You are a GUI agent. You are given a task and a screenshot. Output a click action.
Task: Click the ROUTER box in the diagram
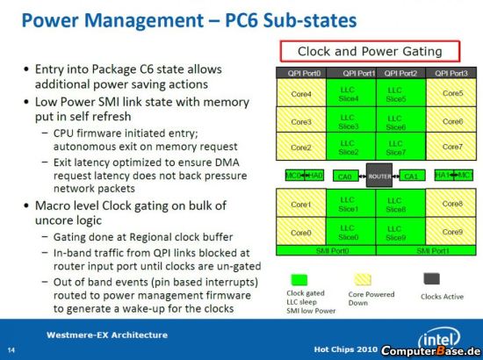[379, 176]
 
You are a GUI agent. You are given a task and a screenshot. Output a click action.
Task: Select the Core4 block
[301, 93]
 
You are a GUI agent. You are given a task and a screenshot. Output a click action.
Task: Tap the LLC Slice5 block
[401, 93]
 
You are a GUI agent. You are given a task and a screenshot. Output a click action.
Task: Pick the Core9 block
[451, 231]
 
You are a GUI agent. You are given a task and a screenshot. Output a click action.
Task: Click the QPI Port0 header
[301, 73]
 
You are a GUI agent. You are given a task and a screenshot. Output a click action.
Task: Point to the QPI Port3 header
[451, 73]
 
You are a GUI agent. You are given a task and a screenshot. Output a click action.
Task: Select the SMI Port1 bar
[426, 250]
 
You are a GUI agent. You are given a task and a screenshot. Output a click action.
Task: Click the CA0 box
[346, 176]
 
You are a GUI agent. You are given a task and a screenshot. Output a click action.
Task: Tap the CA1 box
[412, 176]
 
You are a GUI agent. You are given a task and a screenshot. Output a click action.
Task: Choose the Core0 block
[301, 231]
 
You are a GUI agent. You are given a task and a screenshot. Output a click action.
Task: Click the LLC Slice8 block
[401, 203]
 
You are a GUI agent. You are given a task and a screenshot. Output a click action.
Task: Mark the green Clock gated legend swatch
[299, 280]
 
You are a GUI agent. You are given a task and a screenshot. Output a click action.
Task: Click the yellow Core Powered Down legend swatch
[363, 279]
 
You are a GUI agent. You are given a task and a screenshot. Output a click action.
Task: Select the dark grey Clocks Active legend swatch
[432, 278]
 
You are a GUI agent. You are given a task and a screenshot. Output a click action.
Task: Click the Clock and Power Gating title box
[370, 51]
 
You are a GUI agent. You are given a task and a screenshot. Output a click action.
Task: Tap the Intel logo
[439, 338]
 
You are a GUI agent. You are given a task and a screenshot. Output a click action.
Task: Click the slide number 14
[11, 350]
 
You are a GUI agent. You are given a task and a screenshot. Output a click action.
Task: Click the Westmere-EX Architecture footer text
[107, 335]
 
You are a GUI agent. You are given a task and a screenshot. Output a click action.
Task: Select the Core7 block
[451, 147]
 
